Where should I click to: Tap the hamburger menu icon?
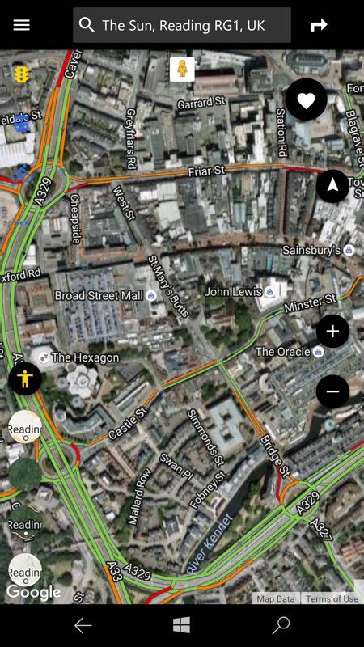pyautogui.click(x=22, y=25)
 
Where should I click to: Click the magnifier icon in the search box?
pyautogui.click(x=87, y=25)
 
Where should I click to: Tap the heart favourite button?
pyautogui.click(x=306, y=100)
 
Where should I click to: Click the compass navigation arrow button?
pyautogui.click(x=332, y=185)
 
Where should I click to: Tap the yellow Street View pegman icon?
pyautogui.click(x=182, y=69)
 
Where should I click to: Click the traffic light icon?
pyautogui.click(x=21, y=74)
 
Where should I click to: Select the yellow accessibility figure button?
pyautogui.click(x=25, y=378)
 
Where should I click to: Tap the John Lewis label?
pyautogui.click(x=233, y=291)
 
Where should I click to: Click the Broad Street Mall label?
pyautogui.click(x=99, y=296)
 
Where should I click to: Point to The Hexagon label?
pyautogui.click(x=85, y=357)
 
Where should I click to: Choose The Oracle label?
pyautogui.click(x=283, y=352)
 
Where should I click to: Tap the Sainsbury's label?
pyautogui.click(x=311, y=251)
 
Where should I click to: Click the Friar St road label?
pyautogui.click(x=205, y=171)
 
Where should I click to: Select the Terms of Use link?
pyautogui.click(x=332, y=599)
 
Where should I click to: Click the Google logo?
pyautogui.click(x=34, y=593)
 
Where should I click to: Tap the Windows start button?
pyautogui.click(x=182, y=625)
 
